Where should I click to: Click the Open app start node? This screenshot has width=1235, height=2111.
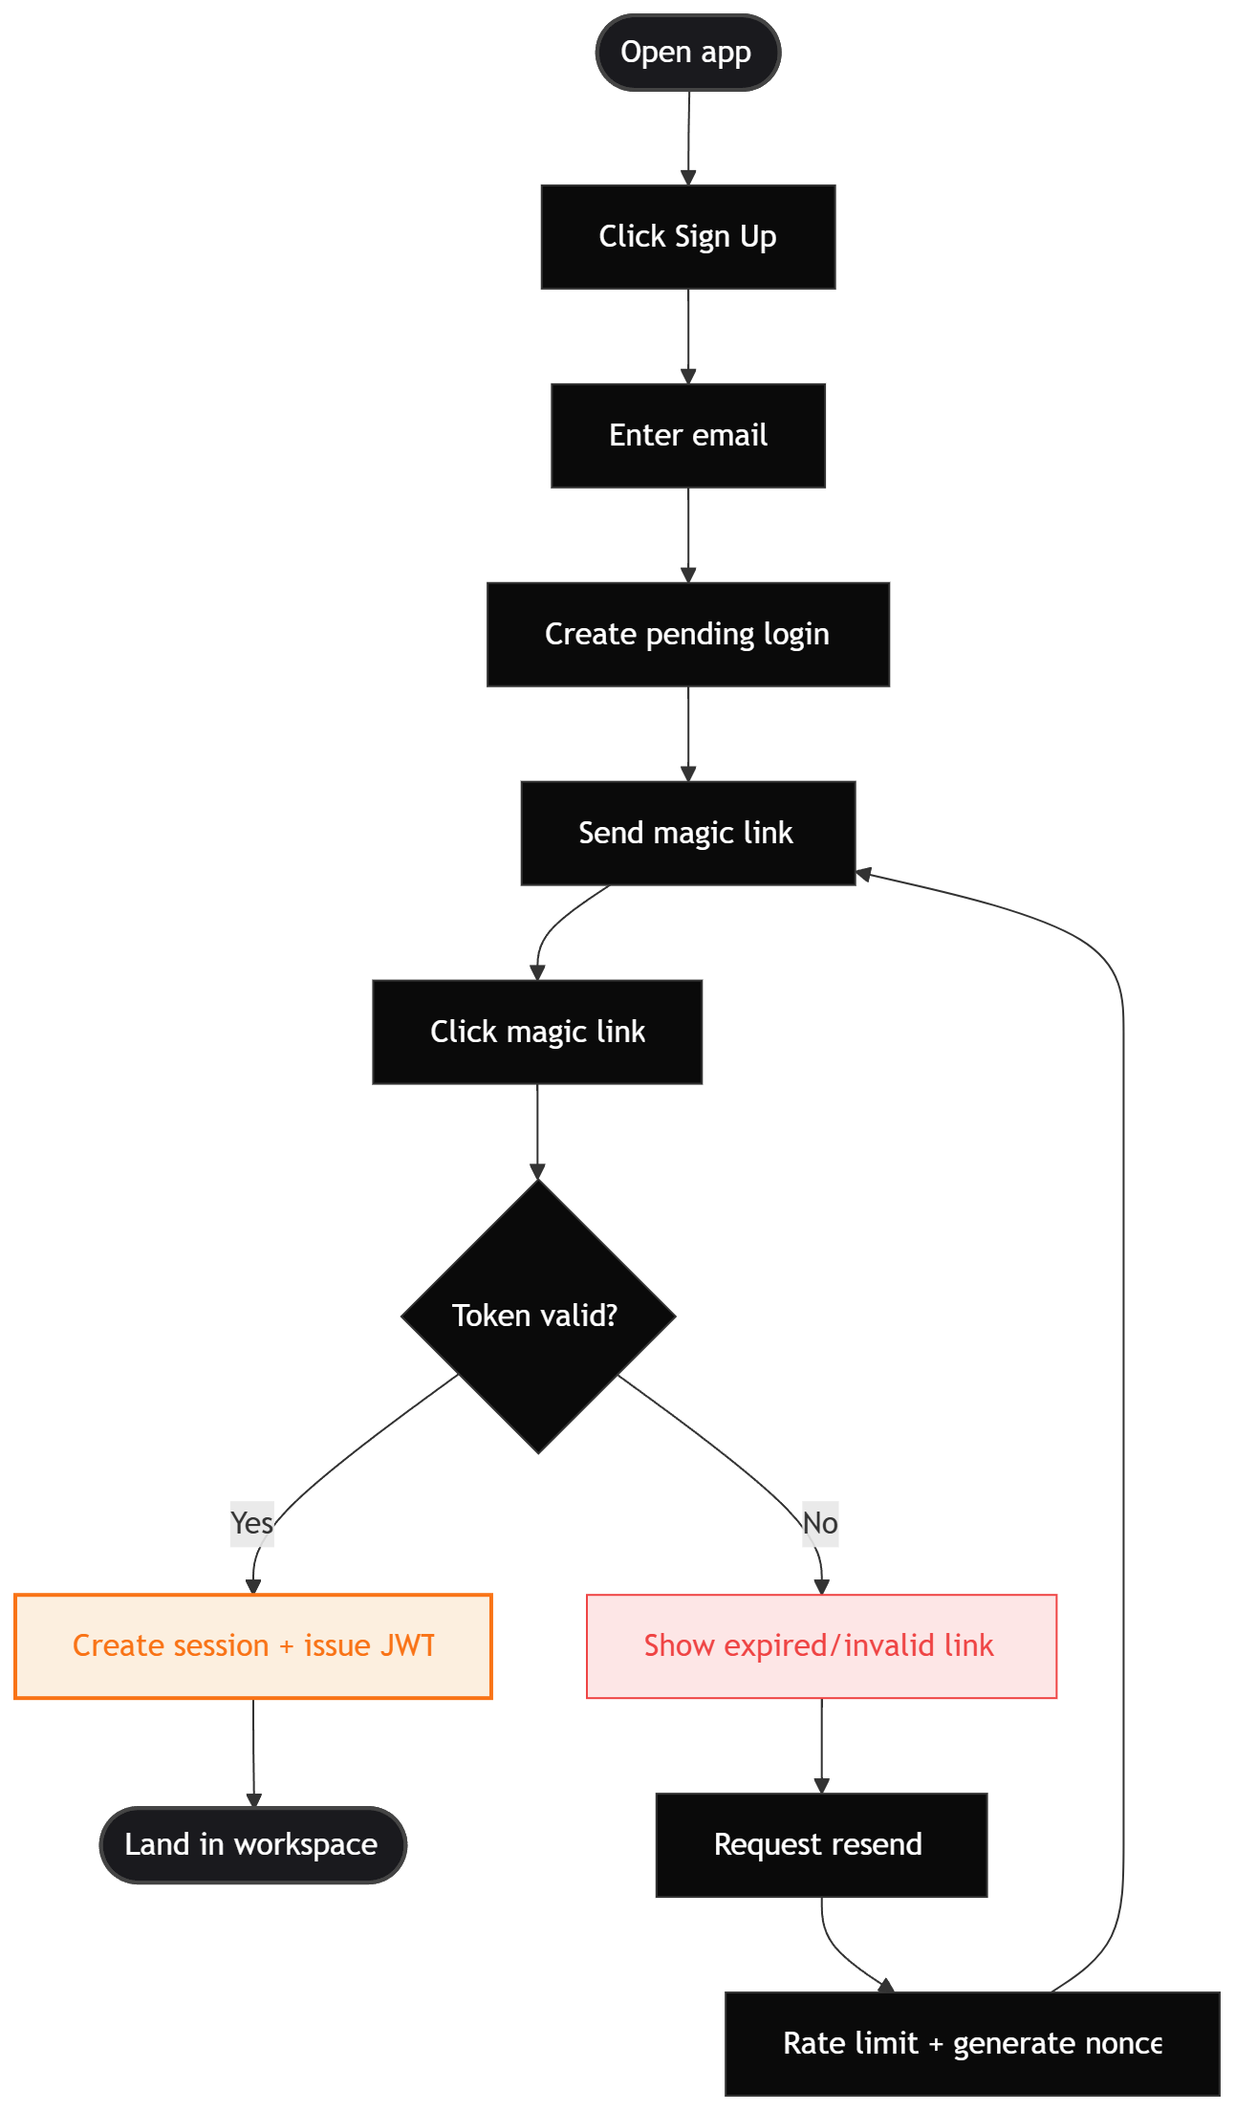[687, 53]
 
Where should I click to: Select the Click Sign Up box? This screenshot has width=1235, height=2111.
[687, 236]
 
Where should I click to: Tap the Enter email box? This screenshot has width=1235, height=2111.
[687, 435]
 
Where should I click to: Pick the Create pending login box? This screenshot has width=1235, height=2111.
[687, 634]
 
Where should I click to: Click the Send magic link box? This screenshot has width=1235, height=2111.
[687, 833]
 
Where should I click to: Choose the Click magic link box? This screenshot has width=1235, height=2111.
[537, 1032]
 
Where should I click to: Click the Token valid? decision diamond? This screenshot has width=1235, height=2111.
[537, 1317]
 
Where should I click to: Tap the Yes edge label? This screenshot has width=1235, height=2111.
[251, 1523]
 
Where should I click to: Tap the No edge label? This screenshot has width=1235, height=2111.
[820, 1523]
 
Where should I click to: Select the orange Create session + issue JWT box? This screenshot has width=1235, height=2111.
[253, 1646]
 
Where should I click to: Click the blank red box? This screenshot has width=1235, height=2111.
[821, 1646]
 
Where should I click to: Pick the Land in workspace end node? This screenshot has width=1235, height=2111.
[253, 1844]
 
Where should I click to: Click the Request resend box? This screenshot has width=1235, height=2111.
[821, 1844]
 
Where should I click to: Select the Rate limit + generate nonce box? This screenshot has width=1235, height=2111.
[972, 2043]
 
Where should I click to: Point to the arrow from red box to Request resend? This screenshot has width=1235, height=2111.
[821, 1745]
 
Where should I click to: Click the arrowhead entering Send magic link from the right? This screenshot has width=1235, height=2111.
[863, 873]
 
